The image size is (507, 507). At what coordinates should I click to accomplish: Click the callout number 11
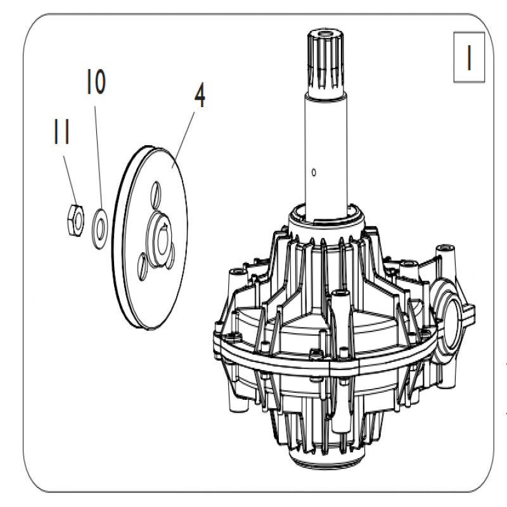tap(61, 131)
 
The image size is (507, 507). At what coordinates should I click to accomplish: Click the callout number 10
tap(96, 82)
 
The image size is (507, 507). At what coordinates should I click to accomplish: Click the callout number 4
tap(200, 96)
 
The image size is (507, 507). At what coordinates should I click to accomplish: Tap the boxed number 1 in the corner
tap(469, 57)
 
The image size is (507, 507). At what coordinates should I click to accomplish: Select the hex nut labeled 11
tap(75, 220)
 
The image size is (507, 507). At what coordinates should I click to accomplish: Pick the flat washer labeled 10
tap(100, 229)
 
